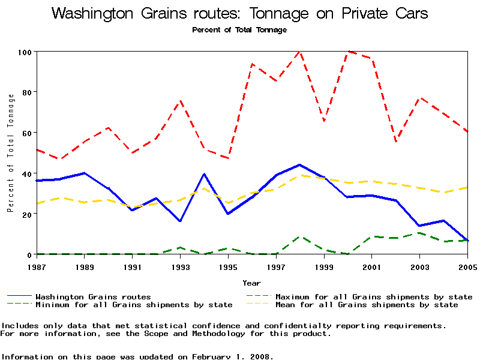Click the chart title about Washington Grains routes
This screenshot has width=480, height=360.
239,14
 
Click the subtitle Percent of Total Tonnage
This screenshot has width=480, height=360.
239,29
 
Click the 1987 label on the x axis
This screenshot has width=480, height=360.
36,266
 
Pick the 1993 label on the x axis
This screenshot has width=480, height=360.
180,266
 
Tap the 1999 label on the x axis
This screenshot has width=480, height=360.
324,266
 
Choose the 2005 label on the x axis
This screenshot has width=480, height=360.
467,266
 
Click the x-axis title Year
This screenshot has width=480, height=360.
251,283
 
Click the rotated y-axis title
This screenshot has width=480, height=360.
10,153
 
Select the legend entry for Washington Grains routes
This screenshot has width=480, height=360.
93,296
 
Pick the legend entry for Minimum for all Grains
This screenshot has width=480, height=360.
133,305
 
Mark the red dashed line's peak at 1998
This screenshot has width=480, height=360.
299,52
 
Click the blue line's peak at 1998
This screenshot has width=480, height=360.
299,164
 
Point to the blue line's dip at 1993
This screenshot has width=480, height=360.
180,221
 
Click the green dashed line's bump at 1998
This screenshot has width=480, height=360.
299,236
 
